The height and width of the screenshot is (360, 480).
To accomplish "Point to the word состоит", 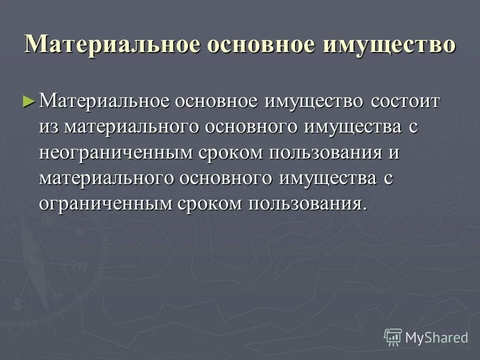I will tap(399, 101).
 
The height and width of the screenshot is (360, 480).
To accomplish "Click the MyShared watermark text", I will tap(436, 337).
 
